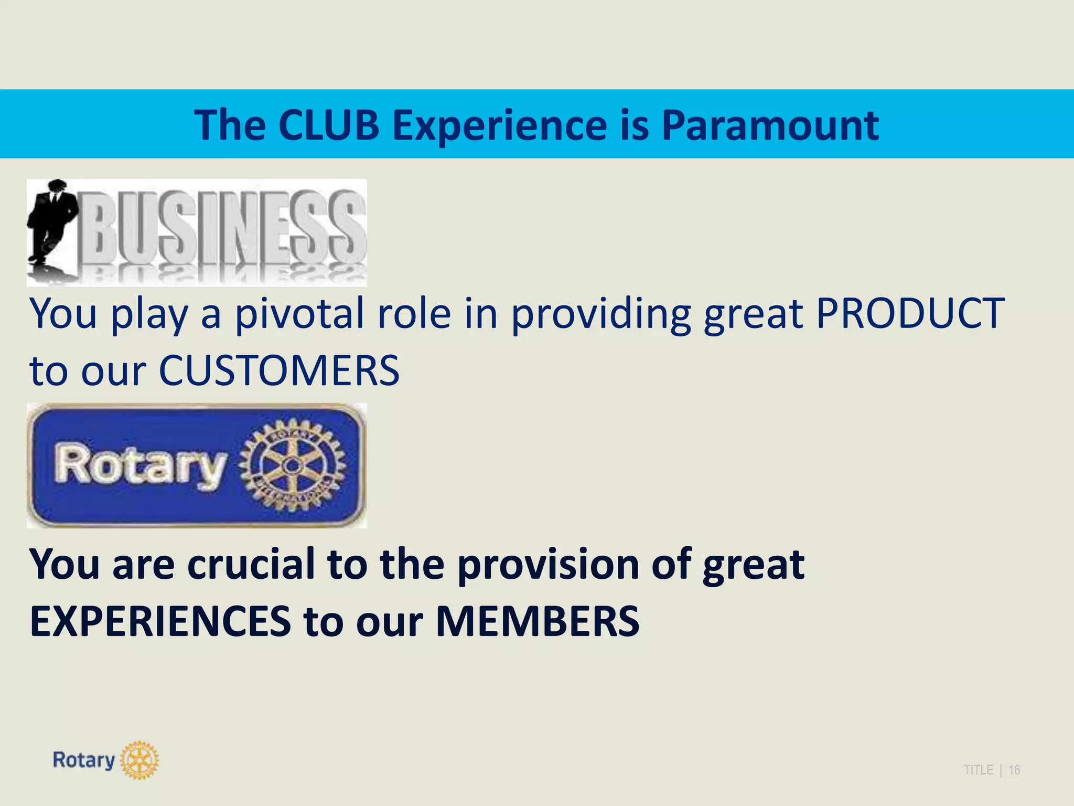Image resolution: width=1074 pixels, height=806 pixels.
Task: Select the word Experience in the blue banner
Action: [500, 126]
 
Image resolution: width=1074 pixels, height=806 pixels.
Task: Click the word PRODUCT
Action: [910, 313]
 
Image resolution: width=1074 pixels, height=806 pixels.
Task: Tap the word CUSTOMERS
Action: [279, 370]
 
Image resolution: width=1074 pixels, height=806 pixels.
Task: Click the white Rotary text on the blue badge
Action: [141, 465]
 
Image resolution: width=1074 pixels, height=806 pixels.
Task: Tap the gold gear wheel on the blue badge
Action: [293, 465]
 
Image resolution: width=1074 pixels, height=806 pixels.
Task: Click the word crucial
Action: [251, 564]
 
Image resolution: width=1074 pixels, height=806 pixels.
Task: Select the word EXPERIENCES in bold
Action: [160, 621]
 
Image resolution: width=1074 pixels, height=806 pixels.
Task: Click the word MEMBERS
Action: [538, 621]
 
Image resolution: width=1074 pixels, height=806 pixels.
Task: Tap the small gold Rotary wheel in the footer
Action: [139, 760]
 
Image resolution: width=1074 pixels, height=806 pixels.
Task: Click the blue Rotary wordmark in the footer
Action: [84, 760]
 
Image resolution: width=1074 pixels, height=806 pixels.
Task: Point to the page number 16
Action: [1014, 770]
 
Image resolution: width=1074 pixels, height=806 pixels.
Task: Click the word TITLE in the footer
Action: [978, 770]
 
